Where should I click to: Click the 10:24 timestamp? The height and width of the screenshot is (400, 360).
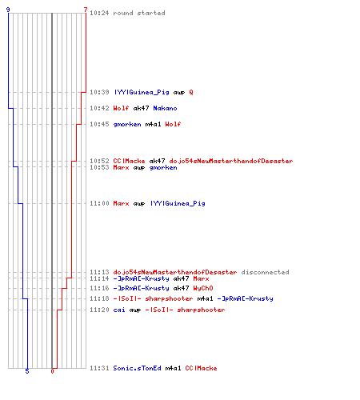[99, 13]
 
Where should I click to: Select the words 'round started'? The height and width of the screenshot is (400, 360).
[139, 13]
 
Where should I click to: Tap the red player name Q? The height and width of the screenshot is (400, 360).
[191, 92]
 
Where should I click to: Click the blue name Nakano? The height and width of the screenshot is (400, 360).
[165, 108]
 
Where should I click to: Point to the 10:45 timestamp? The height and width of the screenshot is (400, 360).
[99, 124]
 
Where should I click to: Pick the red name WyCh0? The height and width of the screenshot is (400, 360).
[203, 288]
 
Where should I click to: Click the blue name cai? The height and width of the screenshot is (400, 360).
[119, 310]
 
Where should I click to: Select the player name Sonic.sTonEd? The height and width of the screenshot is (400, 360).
[137, 368]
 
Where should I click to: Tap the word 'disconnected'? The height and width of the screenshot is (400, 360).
[265, 272]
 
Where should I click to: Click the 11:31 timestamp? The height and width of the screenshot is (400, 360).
[99, 368]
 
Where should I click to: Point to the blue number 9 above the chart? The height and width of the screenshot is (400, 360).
[8, 10]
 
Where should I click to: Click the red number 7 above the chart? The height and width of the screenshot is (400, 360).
[86, 10]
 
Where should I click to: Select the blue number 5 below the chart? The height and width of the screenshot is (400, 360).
[27, 371]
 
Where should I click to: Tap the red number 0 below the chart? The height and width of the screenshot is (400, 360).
[52, 371]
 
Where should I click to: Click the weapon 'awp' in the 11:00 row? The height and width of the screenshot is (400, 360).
[139, 204]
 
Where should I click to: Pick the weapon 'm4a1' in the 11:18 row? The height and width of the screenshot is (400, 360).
[205, 298]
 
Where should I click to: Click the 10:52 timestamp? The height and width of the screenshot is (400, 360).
[99, 161]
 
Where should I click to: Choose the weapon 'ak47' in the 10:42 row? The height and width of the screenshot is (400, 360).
[141, 108]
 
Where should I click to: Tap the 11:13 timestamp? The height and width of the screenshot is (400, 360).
[99, 272]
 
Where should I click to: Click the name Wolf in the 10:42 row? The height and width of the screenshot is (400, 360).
[121, 108]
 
